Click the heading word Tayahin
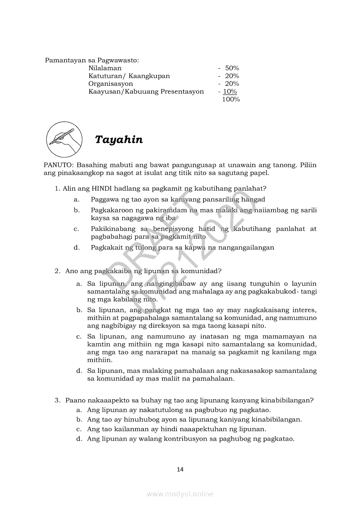119,140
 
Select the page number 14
180,469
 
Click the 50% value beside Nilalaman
232,68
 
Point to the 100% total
231,100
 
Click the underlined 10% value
230,92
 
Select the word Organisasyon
111,84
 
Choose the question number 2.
57,271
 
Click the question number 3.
57,400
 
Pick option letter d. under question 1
76,248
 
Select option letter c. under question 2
79,337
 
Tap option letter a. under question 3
79,410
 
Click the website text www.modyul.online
180,494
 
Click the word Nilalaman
105,68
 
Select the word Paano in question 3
75,400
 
